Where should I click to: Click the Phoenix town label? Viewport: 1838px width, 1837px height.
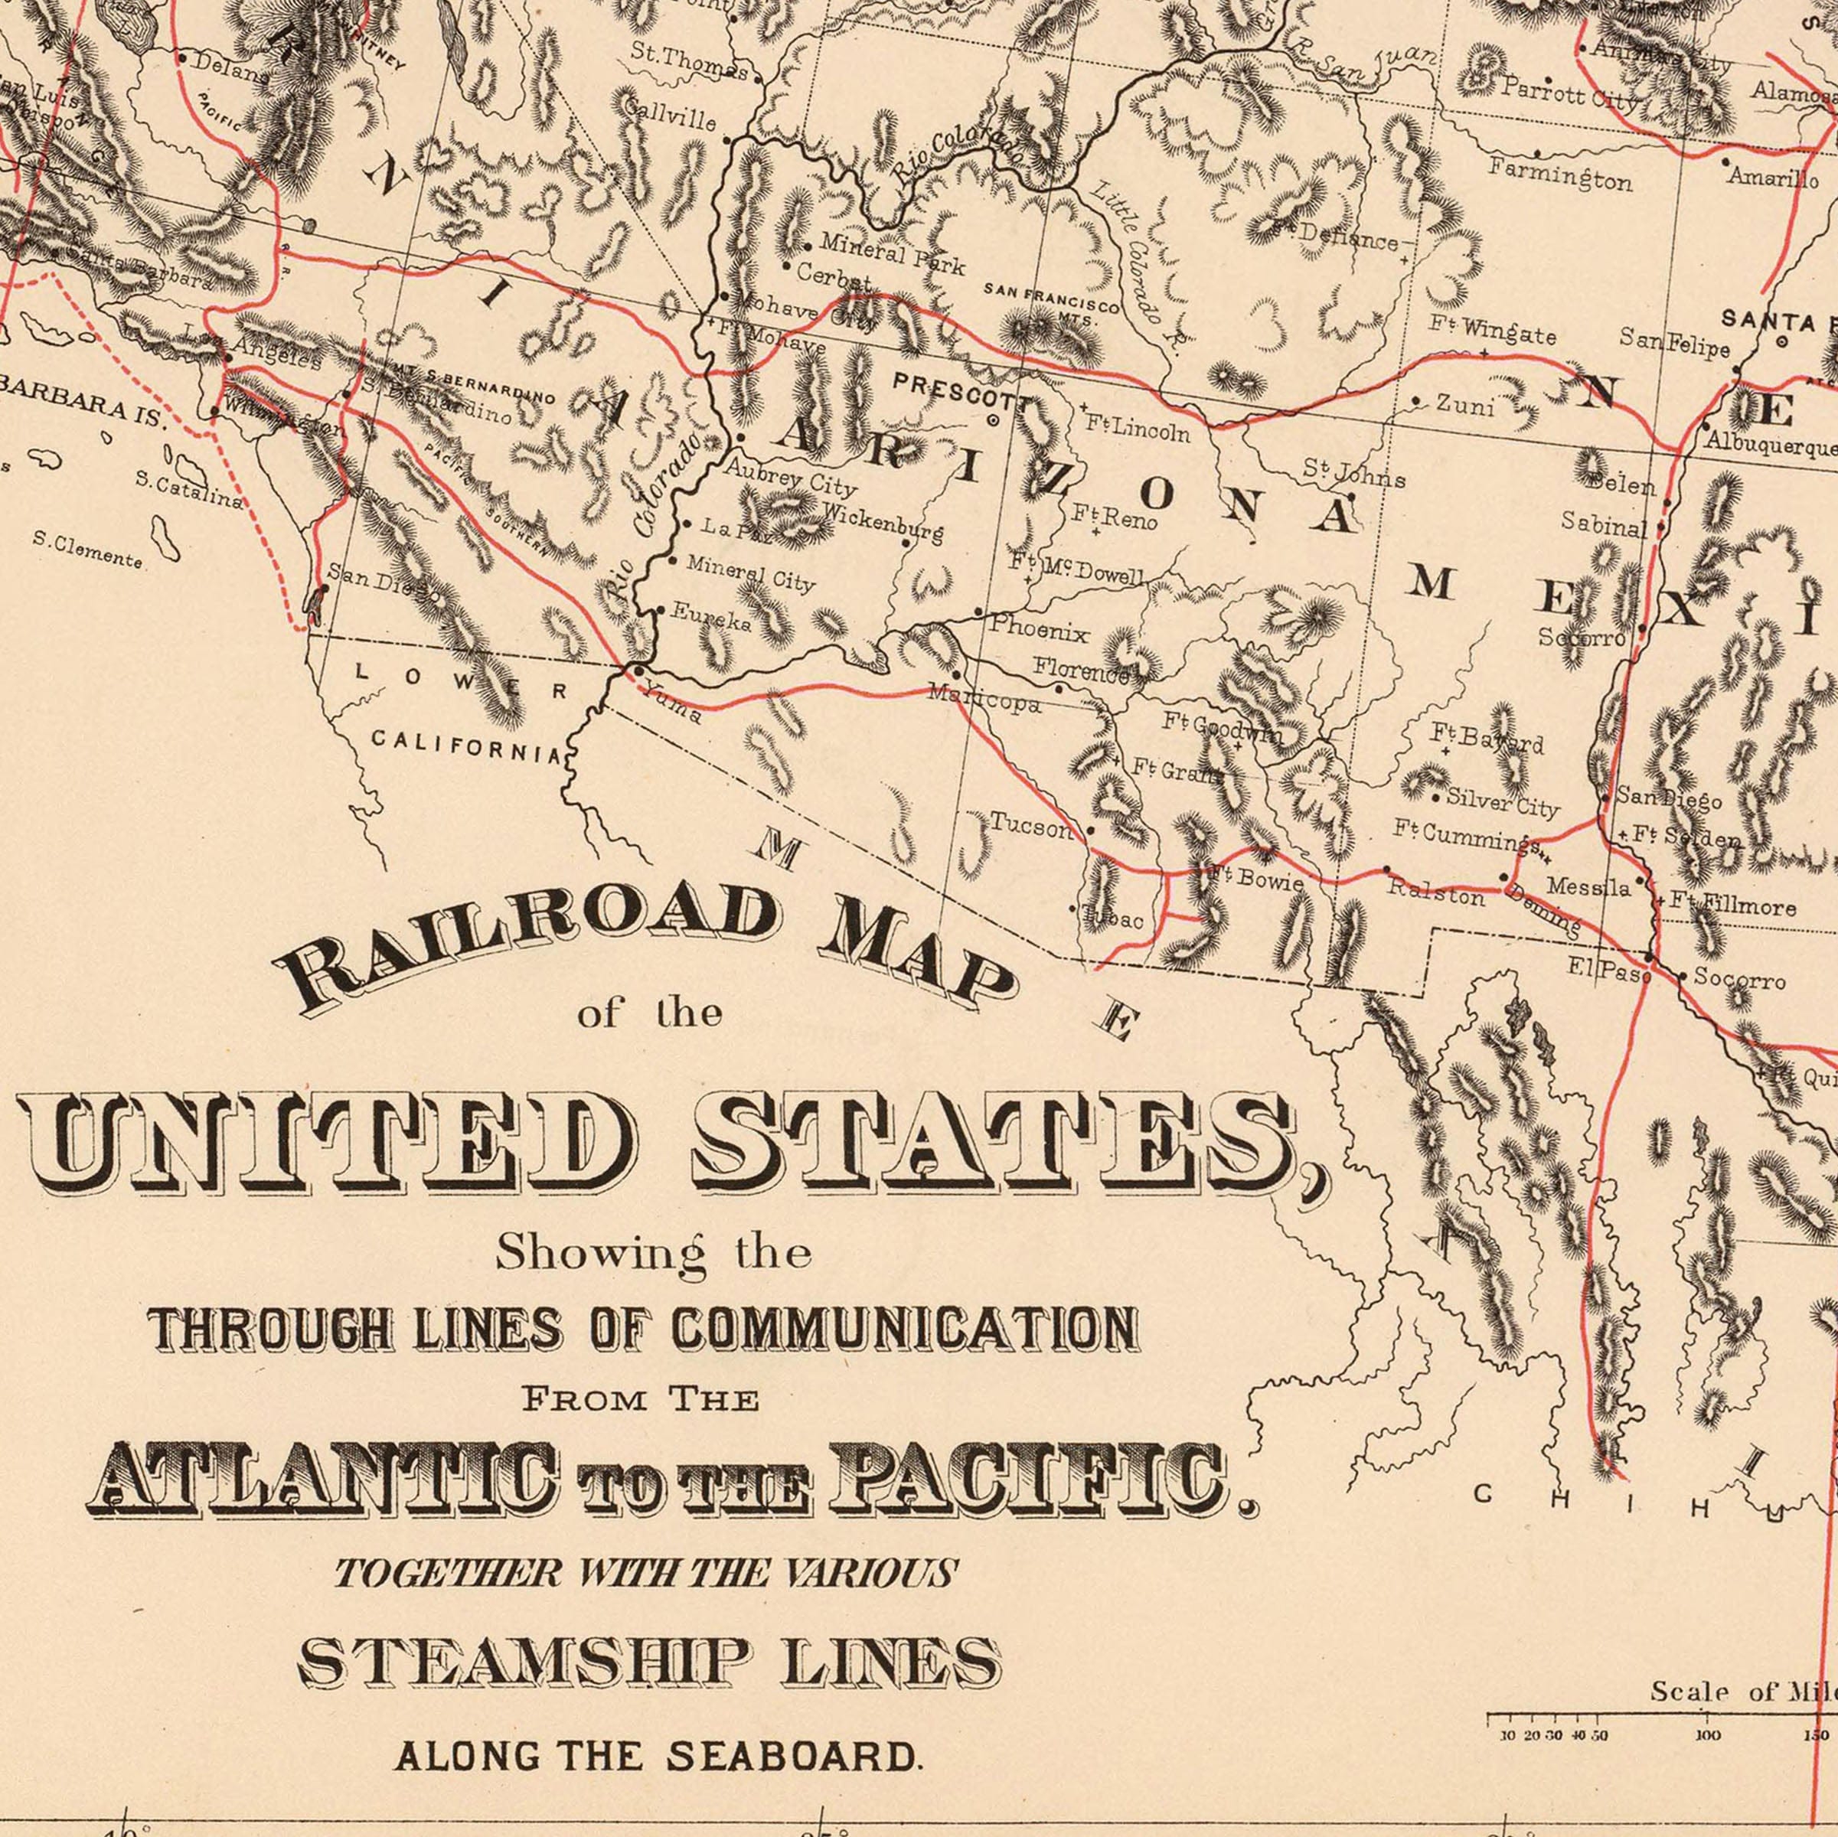[1039, 629]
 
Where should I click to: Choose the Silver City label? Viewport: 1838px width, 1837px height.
[1502, 802]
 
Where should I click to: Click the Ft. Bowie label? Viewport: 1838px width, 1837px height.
[1254, 877]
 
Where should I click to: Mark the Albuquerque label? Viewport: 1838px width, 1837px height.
[1770, 442]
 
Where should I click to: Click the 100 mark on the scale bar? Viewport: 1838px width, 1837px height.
[1709, 1735]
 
